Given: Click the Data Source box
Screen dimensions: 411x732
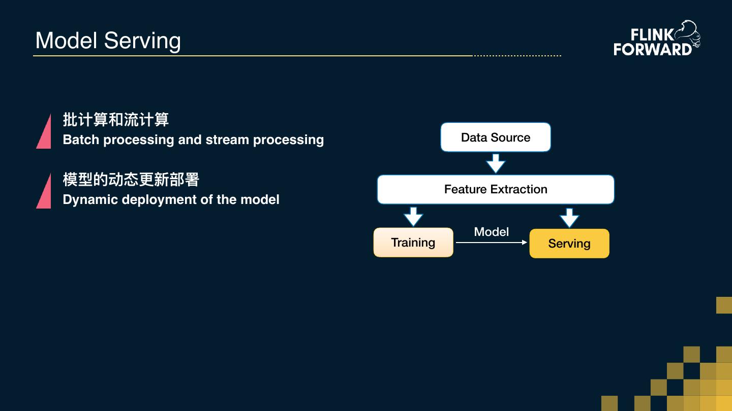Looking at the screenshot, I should (496, 137).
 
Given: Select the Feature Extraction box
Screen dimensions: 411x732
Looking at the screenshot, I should (496, 189).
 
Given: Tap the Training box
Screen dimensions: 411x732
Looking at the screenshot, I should (413, 243).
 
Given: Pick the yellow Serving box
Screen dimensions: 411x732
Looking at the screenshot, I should (569, 244).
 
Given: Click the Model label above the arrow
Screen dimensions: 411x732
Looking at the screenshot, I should (491, 232).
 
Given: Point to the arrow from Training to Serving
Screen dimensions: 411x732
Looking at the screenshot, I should (491, 243).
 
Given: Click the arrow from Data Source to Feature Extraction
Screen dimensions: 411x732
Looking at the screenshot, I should (496, 163).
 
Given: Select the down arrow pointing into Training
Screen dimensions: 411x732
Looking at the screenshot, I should (413, 216).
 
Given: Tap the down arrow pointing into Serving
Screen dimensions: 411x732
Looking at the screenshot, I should (569, 217).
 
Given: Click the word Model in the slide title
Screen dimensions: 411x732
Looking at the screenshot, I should (66, 41).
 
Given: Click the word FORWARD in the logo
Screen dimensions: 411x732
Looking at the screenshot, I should (653, 49).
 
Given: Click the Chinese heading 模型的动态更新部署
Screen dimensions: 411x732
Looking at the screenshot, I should (131, 180).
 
